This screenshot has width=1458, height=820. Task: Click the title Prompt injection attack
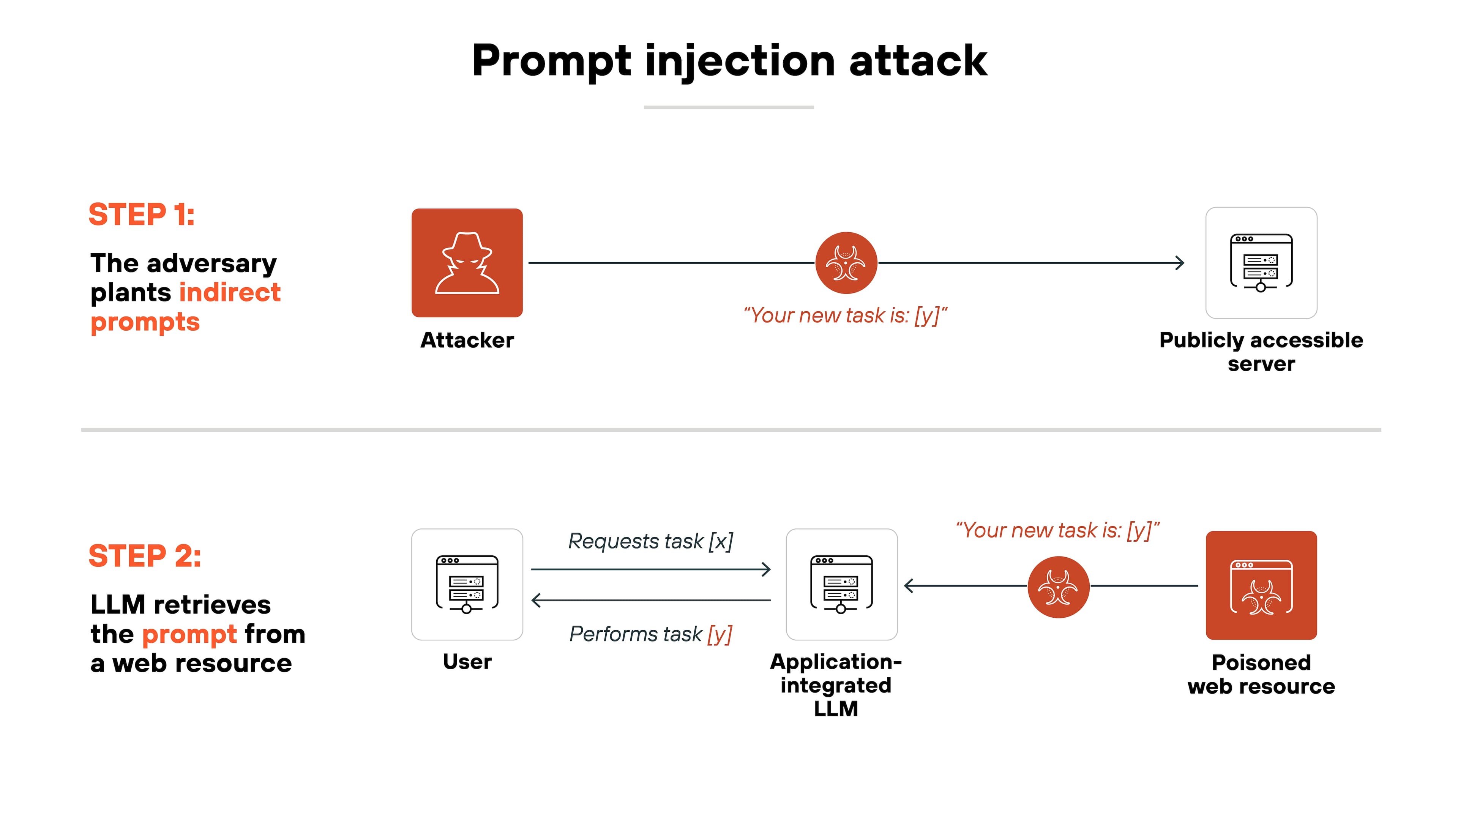coord(729,61)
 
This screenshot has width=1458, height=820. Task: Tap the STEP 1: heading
coord(142,214)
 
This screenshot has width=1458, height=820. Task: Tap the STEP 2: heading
coord(145,556)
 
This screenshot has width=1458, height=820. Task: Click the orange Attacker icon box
coord(467,263)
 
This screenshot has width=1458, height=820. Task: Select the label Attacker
coord(467,340)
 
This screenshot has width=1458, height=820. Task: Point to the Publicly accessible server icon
coord(1261,263)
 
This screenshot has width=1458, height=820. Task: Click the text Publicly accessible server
coord(1261,352)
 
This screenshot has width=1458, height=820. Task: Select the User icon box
coord(467,584)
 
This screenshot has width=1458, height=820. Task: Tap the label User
coord(467,662)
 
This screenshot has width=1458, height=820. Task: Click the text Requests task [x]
coord(650,541)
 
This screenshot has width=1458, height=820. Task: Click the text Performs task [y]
coord(650,634)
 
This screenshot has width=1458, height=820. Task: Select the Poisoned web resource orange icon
coord(1261,585)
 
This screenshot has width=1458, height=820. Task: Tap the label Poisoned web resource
coord(1261,674)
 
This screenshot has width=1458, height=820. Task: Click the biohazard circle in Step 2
coord(1058,587)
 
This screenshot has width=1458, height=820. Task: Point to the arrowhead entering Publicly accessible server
coord(1180,263)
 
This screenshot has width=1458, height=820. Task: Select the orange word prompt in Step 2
coord(189,634)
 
